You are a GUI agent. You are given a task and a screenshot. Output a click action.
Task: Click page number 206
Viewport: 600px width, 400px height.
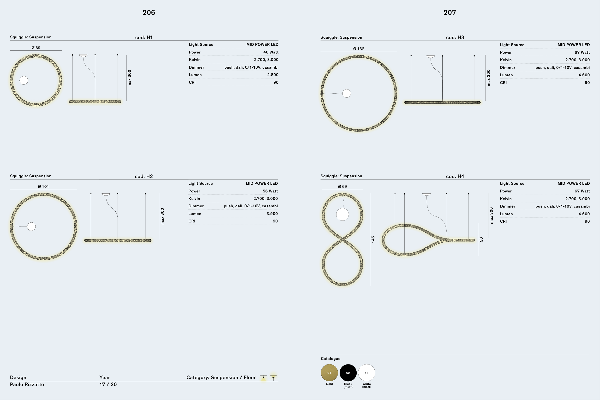pos(149,12)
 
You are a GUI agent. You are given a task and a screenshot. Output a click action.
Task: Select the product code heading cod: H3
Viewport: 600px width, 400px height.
pos(455,37)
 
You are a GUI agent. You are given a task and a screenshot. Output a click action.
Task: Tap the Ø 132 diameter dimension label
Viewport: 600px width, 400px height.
pos(359,49)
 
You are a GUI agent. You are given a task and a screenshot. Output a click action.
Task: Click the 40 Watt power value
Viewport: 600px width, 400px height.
pos(271,52)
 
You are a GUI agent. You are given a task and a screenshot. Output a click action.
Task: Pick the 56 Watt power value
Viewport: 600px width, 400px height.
pos(270,191)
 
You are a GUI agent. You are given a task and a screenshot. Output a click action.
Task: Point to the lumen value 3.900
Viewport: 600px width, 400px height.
pos(272,214)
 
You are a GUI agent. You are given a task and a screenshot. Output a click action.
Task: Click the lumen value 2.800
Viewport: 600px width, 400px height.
pos(273,75)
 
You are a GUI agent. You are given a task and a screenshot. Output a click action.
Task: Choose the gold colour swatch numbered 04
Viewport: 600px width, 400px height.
pos(329,373)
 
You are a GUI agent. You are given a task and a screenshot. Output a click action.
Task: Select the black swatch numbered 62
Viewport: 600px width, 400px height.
pos(348,373)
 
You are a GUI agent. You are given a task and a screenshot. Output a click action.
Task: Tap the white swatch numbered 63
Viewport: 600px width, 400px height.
pos(366,373)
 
